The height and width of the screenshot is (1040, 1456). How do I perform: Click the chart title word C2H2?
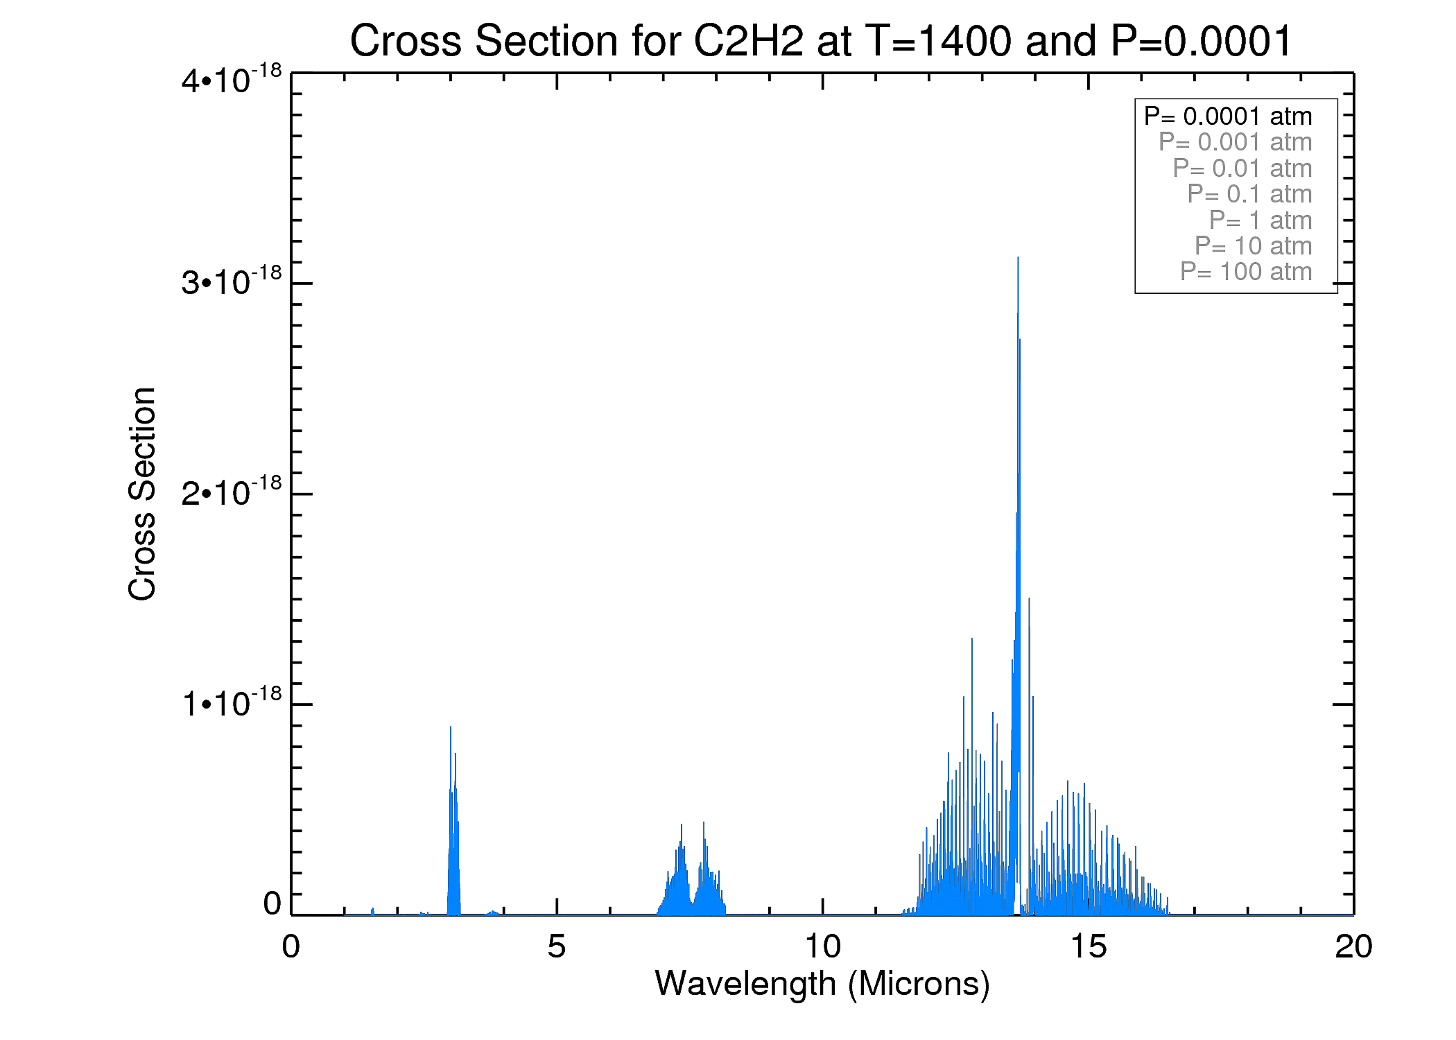[x=748, y=42]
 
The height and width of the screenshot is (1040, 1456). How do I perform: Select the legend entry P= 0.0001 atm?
[x=1228, y=116]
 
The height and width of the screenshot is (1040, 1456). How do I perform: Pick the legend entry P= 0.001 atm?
[x=1235, y=142]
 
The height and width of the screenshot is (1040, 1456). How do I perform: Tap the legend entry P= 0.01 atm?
[x=1242, y=168]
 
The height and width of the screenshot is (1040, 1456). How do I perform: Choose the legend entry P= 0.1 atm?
[x=1249, y=194]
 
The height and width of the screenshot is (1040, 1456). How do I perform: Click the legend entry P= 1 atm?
[x=1260, y=220]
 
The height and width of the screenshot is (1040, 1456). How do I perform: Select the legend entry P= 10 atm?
[x=1253, y=246]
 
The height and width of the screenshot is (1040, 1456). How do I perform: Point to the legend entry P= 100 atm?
[x=1246, y=272]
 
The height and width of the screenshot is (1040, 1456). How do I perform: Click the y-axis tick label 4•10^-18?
[x=232, y=79]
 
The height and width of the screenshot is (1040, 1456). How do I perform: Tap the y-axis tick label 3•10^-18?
[x=232, y=281]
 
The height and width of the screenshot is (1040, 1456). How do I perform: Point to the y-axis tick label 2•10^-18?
[x=232, y=492]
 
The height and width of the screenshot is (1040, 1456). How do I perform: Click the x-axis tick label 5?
[x=556, y=946]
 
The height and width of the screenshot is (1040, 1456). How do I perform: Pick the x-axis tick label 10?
[x=822, y=946]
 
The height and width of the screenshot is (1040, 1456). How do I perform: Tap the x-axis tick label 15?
[x=1088, y=946]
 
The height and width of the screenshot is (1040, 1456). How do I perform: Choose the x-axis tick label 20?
[x=1353, y=946]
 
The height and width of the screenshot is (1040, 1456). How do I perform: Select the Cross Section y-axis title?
[x=142, y=494]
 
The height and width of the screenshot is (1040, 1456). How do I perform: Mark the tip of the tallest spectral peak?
[x=1018, y=258]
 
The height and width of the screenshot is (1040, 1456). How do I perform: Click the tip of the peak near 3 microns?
[x=451, y=727]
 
